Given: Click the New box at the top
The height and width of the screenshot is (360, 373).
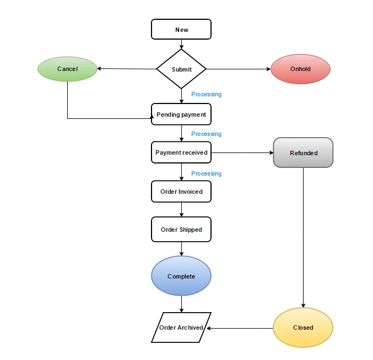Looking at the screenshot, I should [181, 29].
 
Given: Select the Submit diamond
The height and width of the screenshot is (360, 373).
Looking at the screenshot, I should [181, 69].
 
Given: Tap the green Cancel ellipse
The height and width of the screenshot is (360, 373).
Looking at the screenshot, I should [67, 69].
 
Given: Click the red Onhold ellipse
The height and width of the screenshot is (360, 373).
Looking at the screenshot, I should [300, 69].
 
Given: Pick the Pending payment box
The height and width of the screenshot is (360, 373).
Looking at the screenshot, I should [181, 114].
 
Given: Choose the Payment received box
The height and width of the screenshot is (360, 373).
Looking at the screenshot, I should [181, 152].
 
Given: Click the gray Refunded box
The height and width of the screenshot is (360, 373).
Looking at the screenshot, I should [303, 152].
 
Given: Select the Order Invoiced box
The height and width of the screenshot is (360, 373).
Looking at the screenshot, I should [181, 192].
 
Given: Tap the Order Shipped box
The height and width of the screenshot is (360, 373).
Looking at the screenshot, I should [181, 230].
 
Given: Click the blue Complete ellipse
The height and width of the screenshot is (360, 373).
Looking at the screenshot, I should [181, 276].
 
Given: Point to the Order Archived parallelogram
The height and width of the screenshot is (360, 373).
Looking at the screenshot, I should [181, 328].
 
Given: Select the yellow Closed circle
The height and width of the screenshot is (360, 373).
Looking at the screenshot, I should [303, 328].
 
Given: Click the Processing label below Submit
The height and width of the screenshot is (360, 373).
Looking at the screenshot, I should [206, 94].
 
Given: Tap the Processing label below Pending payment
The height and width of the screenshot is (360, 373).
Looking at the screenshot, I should [206, 134].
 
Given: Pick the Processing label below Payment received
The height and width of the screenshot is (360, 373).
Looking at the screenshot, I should [206, 173].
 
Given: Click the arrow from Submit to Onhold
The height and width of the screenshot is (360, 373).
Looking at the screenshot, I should [238, 69].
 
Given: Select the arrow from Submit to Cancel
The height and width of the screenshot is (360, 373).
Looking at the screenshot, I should [127, 69].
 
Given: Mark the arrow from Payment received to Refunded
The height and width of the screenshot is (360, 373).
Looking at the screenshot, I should [242, 152].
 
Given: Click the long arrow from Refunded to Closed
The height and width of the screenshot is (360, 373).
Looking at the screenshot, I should [303, 237].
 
